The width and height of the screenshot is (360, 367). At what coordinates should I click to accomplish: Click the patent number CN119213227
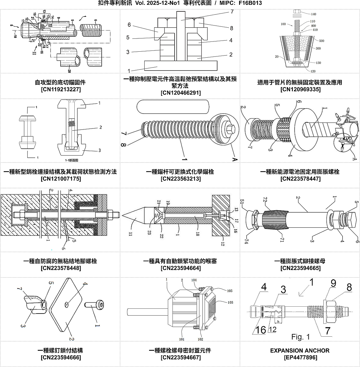click(61, 89)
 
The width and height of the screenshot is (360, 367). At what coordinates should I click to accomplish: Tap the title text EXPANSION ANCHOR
click(300, 350)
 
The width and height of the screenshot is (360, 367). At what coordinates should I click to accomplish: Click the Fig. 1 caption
click(301, 337)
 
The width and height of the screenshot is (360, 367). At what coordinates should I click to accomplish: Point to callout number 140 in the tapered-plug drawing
click(313, 14)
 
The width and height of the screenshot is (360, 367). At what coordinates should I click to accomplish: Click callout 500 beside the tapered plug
click(322, 41)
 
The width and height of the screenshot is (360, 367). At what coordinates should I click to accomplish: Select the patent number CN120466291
click(181, 93)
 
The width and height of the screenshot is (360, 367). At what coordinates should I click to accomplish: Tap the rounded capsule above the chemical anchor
click(172, 107)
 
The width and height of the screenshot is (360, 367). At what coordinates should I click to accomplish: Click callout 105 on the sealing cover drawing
click(229, 291)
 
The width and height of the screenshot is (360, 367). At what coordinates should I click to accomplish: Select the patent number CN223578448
click(61, 268)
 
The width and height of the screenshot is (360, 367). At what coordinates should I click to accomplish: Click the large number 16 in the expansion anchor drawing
click(260, 330)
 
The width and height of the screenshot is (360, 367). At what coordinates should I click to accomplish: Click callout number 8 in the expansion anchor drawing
click(349, 287)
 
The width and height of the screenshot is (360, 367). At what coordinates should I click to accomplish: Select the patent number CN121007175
click(61, 179)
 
